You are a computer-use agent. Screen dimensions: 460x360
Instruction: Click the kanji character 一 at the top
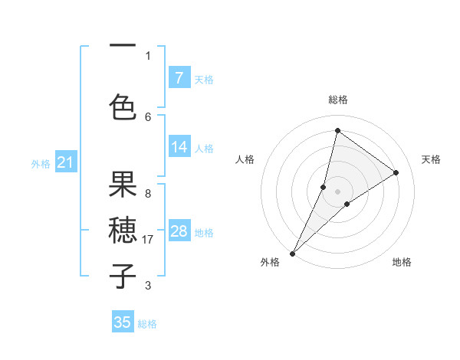point(123,47)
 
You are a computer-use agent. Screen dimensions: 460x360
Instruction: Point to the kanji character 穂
point(123,231)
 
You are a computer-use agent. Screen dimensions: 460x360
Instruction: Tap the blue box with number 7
point(179,77)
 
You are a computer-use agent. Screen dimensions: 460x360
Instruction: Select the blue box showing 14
point(179,148)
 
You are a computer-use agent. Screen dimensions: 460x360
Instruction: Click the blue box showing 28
point(179,231)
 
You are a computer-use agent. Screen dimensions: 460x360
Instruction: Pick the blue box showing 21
point(65,162)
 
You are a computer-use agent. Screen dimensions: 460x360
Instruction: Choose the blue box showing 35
point(123,322)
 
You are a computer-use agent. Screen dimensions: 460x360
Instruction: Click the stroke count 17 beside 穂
point(149,240)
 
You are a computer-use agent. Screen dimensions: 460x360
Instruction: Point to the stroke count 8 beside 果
point(148,193)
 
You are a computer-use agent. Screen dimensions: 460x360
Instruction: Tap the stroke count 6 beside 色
point(148,116)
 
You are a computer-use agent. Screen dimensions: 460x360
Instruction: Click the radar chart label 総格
point(337,100)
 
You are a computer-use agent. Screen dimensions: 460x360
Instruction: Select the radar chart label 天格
point(431,159)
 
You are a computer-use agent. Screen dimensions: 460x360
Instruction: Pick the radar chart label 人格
point(245,159)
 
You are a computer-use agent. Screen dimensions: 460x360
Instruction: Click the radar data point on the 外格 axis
point(292,253)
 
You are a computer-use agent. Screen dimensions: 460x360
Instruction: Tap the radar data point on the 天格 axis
point(396,172)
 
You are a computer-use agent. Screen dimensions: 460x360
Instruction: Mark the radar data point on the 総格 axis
point(337,129)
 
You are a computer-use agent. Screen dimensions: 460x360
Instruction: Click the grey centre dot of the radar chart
point(337,191)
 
